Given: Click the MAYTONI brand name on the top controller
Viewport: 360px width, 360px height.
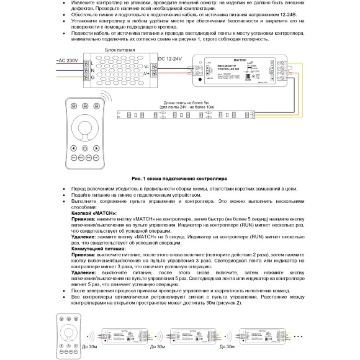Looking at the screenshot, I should click(222, 57).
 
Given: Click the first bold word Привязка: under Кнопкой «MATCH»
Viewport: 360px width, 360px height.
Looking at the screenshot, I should click(86, 218).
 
